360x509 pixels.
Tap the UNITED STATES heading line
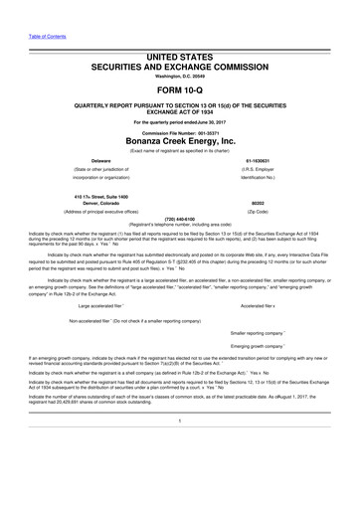pyautogui.click(x=180, y=33)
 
